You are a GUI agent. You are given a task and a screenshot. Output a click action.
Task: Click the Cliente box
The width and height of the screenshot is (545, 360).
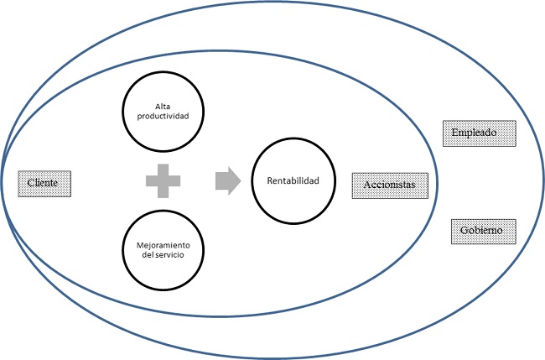tap(45, 183)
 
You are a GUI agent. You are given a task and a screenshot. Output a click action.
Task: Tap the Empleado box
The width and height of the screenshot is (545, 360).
tap(479, 133)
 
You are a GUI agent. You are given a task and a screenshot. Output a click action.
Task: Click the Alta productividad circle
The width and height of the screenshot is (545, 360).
tap(162, 111)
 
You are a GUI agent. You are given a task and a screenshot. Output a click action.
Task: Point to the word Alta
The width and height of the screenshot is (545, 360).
tap(163, 106)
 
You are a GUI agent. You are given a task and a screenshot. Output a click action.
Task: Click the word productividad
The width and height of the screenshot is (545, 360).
tap(163, 117)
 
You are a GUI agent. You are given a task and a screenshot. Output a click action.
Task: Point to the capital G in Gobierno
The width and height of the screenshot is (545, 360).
tap(463, 230)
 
